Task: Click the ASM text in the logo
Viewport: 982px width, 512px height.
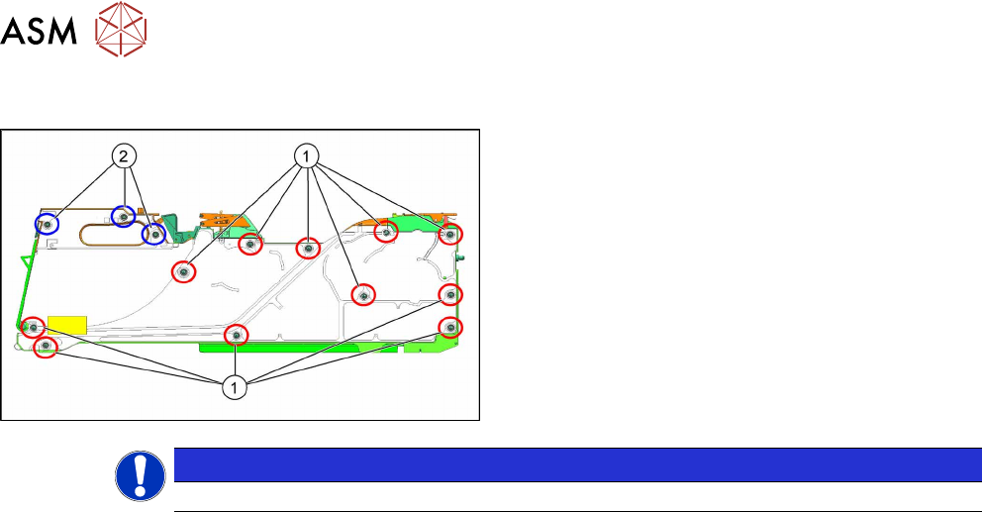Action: click(41, 33)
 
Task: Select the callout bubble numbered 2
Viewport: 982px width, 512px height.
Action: click(123, 155)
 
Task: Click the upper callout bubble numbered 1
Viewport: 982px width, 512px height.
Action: click(307, 155)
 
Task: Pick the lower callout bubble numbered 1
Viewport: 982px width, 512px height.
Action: click(235, 388)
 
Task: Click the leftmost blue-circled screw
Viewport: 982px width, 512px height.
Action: click(48, 225)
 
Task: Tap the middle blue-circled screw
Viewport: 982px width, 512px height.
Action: click(123, 217)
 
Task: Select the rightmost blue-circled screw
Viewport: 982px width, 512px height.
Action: click(153, 235)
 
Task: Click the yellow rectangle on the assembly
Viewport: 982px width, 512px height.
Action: click(68, 325)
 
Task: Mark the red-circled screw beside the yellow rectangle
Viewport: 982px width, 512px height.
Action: click(33, 326)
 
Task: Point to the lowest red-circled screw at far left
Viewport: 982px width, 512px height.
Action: click(45, 347)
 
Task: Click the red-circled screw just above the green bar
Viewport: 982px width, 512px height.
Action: click(236, 336)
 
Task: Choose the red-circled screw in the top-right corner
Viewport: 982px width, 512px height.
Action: click(450, 236)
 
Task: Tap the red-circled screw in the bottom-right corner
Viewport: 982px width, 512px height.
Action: click(450, 327)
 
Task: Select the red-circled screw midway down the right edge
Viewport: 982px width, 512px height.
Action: click(450, 294)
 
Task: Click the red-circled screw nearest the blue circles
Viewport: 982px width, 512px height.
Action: click(183, 270)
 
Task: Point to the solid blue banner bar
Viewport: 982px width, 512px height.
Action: click(570, 464)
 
